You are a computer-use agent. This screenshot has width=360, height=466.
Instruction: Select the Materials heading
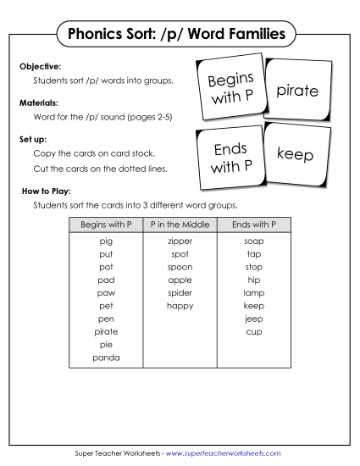tap(39, 101)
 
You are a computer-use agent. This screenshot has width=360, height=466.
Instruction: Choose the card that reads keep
tap(295, 154)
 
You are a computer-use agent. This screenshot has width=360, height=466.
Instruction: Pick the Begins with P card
tap(228, 90)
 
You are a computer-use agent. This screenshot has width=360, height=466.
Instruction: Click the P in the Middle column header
tap(180, 225)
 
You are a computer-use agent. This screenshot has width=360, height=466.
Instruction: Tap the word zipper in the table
tap(180, 241)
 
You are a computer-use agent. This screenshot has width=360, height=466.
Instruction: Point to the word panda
tap(106, 358)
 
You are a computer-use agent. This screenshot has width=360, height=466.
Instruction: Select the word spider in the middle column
tap(180, 292)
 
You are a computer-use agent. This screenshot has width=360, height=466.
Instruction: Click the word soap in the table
tap(253, 241)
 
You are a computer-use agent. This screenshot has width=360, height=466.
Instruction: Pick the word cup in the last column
tap(253, 331)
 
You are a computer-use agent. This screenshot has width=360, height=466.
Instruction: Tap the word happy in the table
tap(180, 305)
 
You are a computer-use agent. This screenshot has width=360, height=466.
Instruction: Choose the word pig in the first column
tap(106, 241)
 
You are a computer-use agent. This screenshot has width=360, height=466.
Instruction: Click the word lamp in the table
tap(253, 292)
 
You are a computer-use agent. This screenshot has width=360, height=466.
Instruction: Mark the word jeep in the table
tap(253, 319)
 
